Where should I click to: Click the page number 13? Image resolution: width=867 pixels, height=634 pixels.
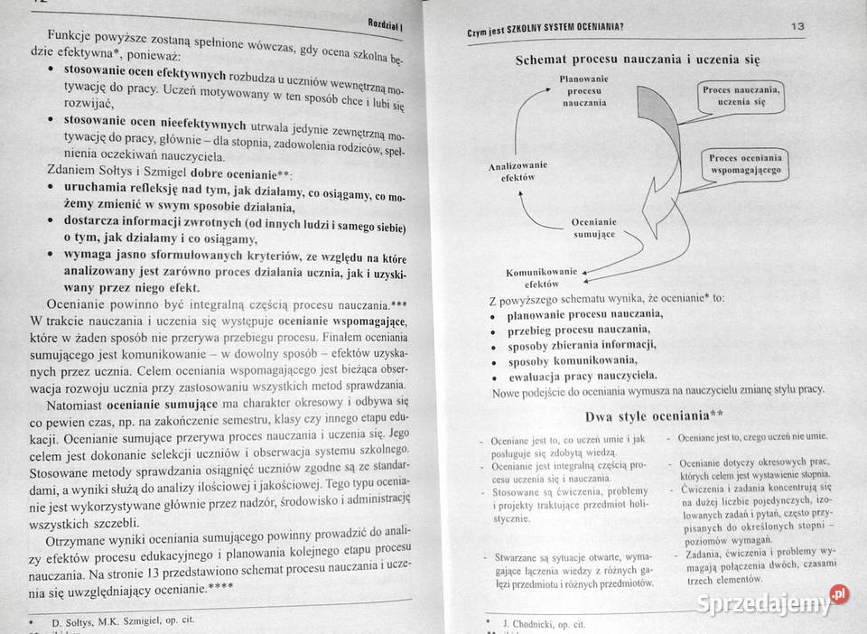click(797, 26)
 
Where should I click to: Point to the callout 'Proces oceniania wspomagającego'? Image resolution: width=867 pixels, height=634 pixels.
click(745, 163)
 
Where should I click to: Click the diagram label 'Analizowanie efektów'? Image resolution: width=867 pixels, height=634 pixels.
click(517, 172)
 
